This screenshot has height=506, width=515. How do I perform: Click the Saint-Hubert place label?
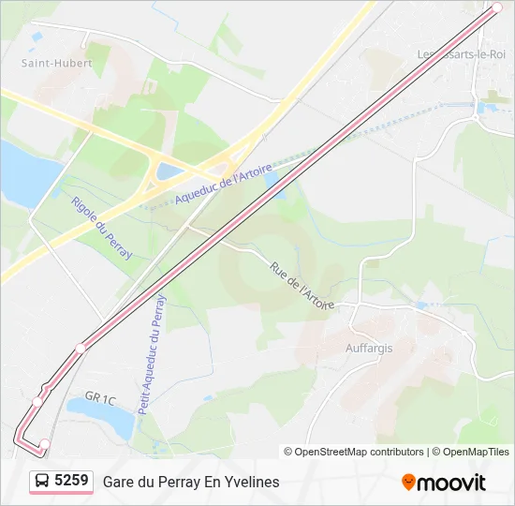click(57, 64)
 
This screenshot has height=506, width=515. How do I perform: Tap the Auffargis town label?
click(370, 348)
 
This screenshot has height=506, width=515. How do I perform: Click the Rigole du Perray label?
click(101, 228)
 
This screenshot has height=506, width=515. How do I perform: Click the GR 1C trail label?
click(99, 400)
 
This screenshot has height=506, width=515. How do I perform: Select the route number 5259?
click(71, 481)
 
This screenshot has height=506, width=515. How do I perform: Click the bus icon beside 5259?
click(42, 482)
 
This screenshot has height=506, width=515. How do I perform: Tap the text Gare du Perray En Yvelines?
click(191, 482)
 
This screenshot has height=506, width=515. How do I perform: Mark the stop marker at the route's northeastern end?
click(497, 7)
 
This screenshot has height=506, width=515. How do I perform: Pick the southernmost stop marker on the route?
click(44, 443)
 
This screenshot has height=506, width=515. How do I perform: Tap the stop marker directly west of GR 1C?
click(37, 401)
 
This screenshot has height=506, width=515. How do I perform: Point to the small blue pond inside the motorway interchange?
click(169, 171)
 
